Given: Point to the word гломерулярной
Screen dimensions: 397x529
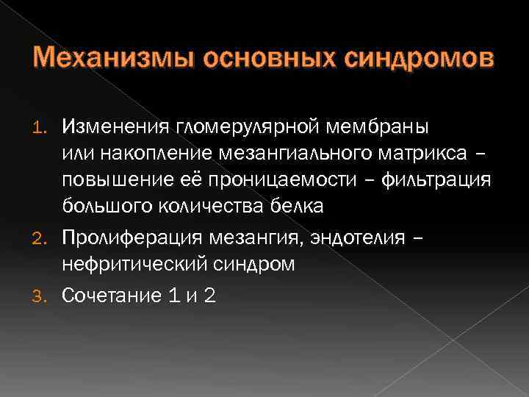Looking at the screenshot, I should tap(234, 128).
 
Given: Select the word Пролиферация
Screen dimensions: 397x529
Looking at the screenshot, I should tap(127, 237).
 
